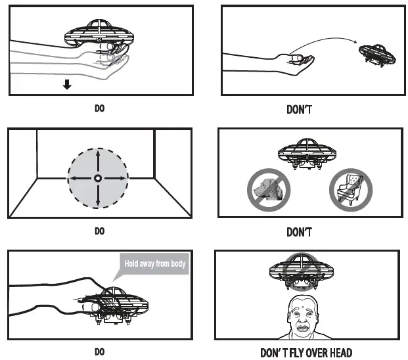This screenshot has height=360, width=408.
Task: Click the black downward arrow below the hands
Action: [67, 84]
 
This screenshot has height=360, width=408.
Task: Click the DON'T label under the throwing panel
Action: [299, 109]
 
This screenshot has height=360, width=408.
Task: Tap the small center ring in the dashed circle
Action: [98, 178]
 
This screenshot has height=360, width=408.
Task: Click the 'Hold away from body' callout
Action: [155, 264]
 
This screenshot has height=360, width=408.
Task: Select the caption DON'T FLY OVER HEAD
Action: [306, 352]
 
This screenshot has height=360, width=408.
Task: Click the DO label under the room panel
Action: [99, 231]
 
